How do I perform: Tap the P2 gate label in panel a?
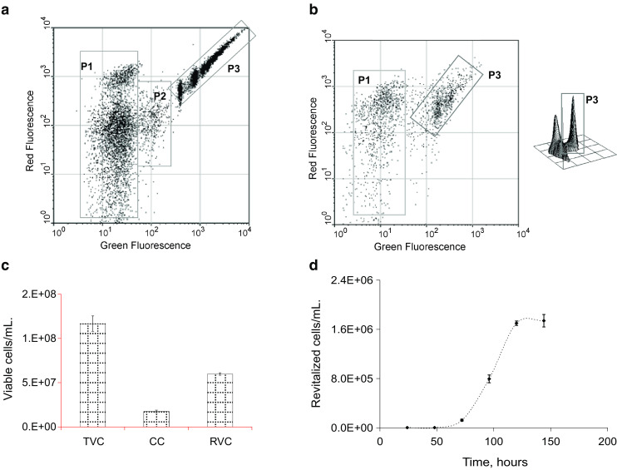pyautogui.click(x=160, y=96)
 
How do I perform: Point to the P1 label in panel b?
pyautogui.click(x=363, y=80)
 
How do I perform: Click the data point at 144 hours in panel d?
pyautogui.click(x=544, y=321)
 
